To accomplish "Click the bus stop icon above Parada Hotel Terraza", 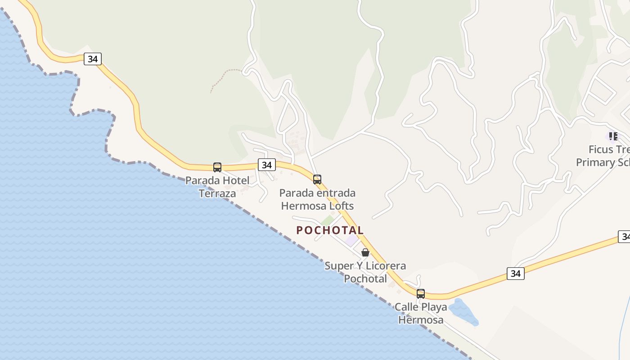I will (x=217, y=167).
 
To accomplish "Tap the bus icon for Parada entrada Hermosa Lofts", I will (x=317, y=180).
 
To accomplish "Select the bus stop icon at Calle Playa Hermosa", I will (x=421, y=294).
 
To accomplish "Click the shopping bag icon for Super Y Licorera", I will (x=365, y=252).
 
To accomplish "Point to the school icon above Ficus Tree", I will (x=613, y=136).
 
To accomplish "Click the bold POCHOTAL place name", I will (x=330, y=230).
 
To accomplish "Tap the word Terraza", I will (x=217, y=193).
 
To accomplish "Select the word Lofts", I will (x=340, y=206).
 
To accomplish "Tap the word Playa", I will (x=435, y=307).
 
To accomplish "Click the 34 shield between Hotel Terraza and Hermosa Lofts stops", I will (x=267, y=165).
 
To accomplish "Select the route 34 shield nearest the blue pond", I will (x=515, y=273).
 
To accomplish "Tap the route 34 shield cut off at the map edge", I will (x=624, y=236).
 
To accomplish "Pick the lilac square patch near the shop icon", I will (x=351, y=240).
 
